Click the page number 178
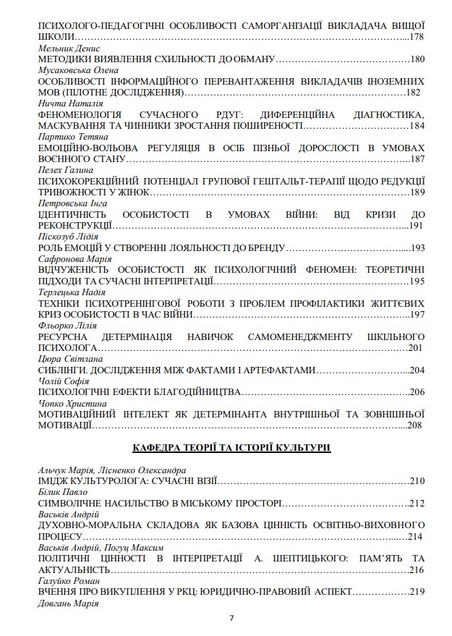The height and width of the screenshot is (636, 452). pos(416,36)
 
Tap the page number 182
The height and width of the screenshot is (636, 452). pos(412,92)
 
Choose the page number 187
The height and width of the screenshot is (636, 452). pos(416,159)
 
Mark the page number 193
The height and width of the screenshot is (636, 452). pos(416,248)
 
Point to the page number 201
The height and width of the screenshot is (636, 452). pos(416,348)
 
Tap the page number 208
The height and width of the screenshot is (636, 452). pos(414,425)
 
